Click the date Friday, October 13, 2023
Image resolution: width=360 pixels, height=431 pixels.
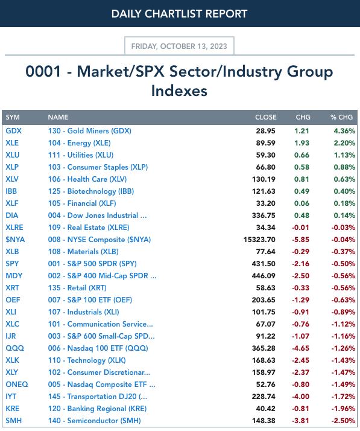click(x=179, y=46)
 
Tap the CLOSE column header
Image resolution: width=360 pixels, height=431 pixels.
click(x=265, y=117)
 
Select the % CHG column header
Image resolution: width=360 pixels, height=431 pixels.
click(x=341, y=117)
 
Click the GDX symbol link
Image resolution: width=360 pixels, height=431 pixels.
click(x=13, y=131)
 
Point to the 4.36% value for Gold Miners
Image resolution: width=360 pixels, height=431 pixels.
click(x=344, y=131)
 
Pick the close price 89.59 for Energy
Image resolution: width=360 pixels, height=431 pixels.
click(x=265, y=143)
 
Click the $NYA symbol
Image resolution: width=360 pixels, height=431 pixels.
click(x=15, y=240)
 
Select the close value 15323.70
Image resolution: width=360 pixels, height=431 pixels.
click(x=259, y=240)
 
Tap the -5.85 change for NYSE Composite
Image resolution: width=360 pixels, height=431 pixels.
click(x=300, y=240)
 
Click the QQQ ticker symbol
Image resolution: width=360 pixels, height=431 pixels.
click(x=15, y=348)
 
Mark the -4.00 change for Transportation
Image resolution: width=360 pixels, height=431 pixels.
click(x=300, y=397)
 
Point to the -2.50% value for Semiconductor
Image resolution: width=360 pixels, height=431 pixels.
click(x=343, y=421)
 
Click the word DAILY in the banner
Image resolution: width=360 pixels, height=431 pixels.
click(x=126, y=14)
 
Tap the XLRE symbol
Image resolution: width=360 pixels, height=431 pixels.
click(x=14, y=228)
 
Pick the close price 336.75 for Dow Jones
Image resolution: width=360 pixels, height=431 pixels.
click(x=264, y=215)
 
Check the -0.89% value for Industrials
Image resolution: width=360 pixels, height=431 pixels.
click(x=343, y=312)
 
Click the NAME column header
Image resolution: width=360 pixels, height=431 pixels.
click(x=58, y=117)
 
